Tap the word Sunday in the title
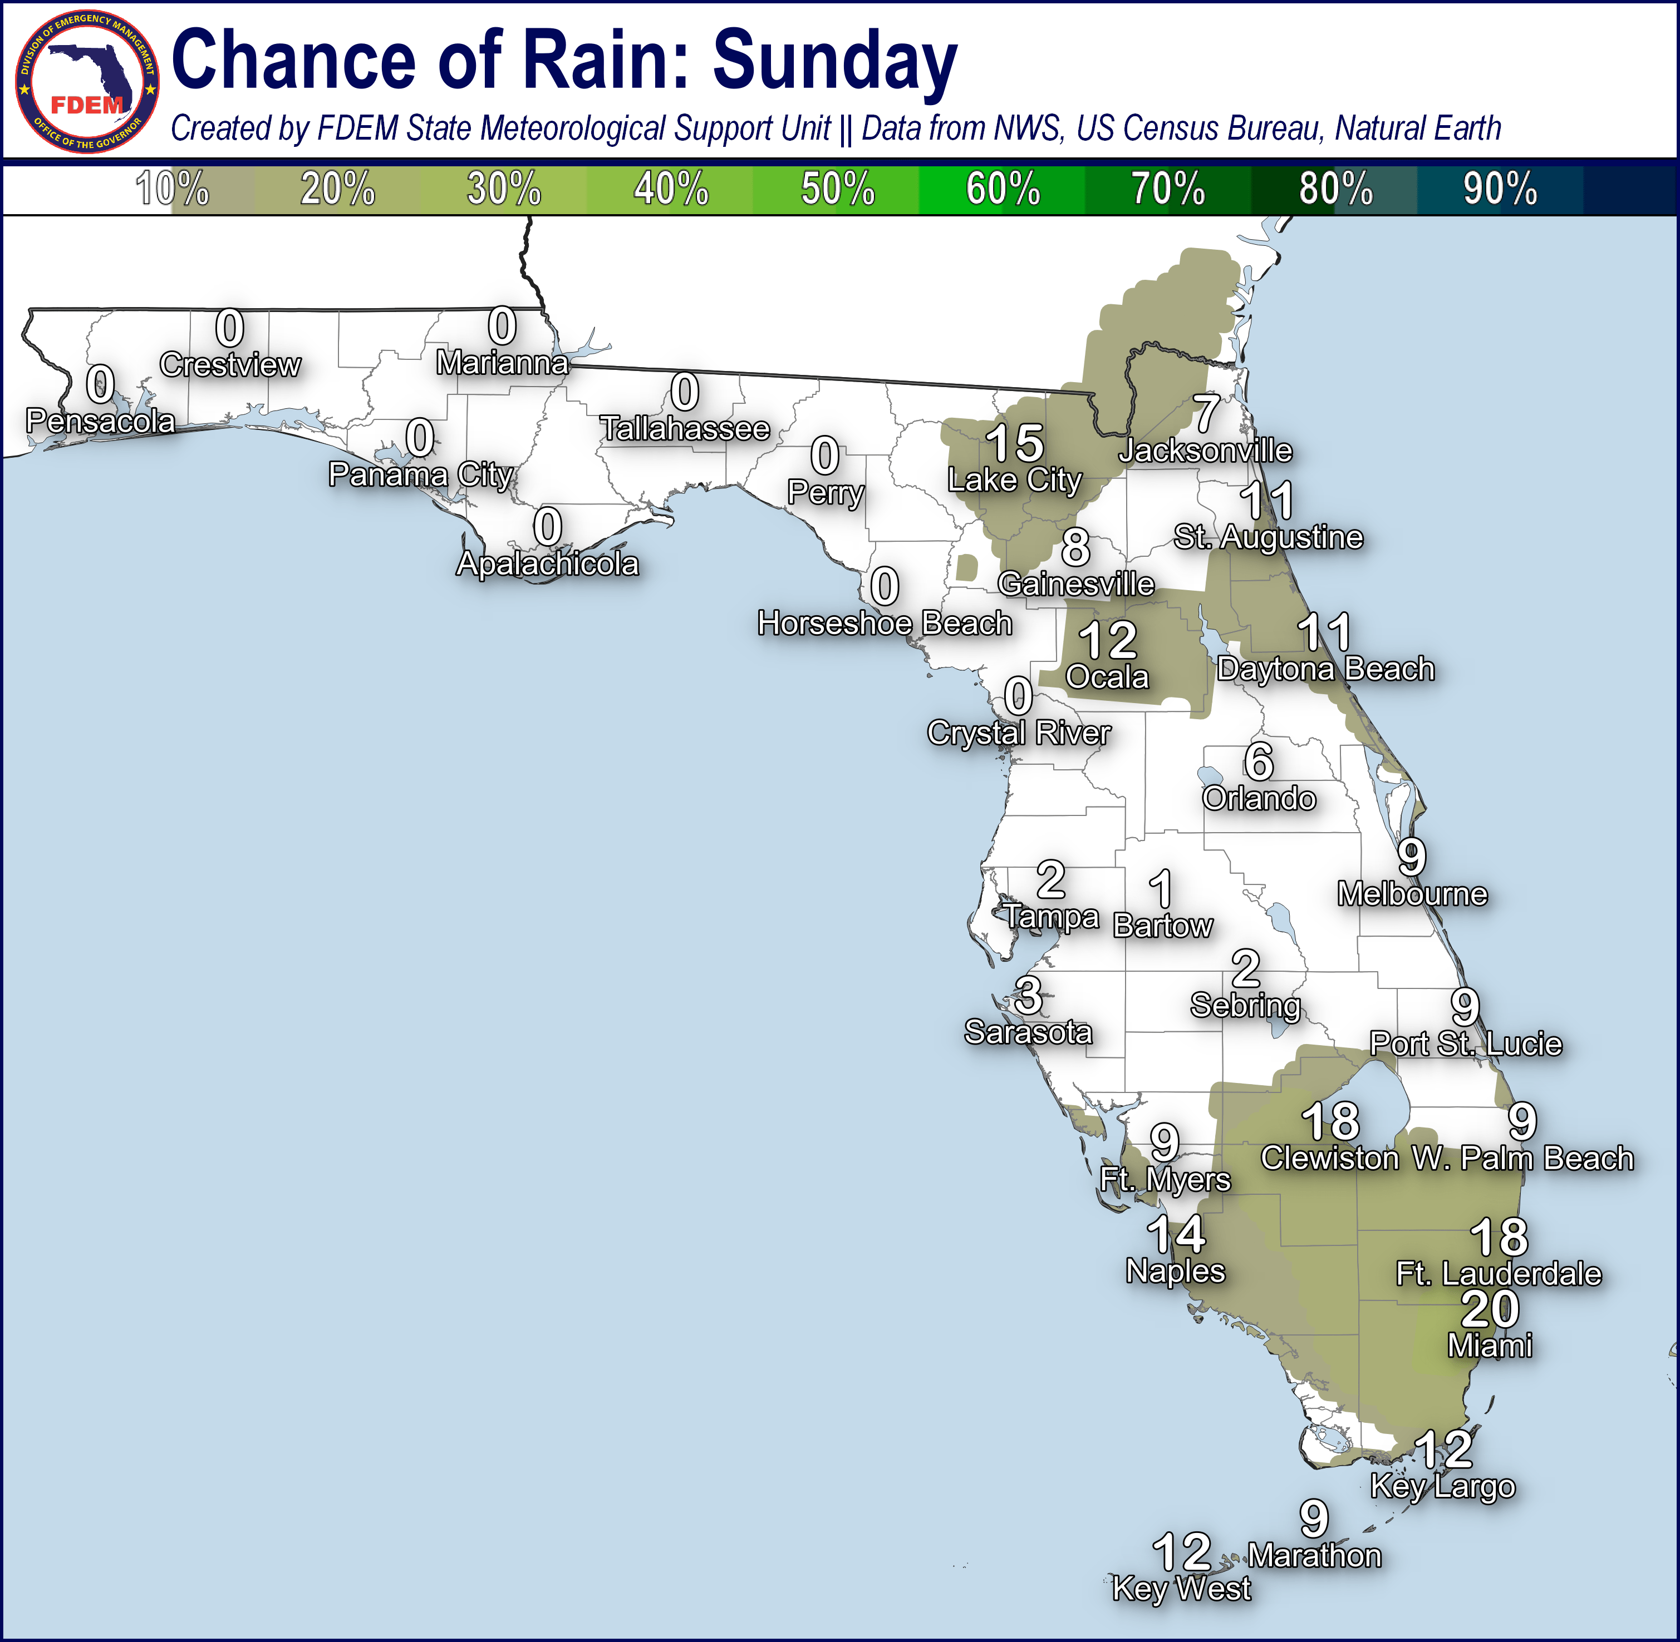tap(834, 61)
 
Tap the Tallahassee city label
tap(685, 429)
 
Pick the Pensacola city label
tap(100, 421)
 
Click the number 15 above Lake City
tap(1015, 443)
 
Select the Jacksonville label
tap(1205, 450)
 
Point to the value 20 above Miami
tap(1490, 1309)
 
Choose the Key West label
tap(1181, 1587)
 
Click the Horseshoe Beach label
tap(885, 622)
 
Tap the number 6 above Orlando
tap(1259, 761)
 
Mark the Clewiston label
tap(1330, 1158)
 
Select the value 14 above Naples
tap(1176, 1234)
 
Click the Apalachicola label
tap(548, 564)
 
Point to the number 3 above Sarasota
tap(1028, 996)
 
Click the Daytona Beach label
tap(1326, 669)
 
